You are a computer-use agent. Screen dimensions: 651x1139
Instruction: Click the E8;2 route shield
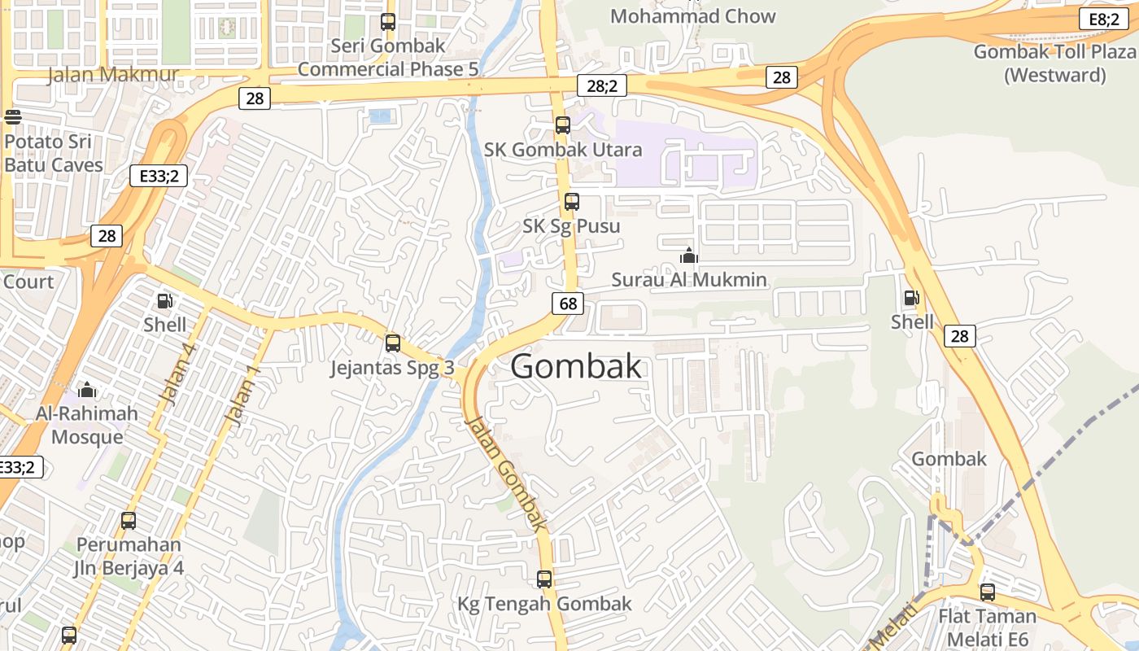pos(1103,20)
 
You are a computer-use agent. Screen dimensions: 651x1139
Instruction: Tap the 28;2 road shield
pos(601,85)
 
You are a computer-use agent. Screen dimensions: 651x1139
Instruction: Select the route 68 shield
pos(568,304)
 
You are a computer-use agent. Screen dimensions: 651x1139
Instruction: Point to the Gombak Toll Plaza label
pos(1054,63)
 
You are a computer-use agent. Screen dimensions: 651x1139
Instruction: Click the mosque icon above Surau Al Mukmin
pos(689,256)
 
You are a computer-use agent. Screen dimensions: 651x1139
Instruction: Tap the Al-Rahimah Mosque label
pos(87,425)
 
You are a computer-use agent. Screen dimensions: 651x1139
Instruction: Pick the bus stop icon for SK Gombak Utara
pos(562,125)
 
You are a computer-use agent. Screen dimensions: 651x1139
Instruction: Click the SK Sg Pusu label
pos(571,225)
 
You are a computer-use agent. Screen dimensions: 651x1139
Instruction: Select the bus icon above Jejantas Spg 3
pos(393,343)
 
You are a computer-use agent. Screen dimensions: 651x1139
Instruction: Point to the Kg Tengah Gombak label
pos(544,604)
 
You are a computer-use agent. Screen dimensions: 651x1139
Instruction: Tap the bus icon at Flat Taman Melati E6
pos(988,592)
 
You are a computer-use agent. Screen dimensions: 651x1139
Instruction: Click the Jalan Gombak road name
pos(505,472)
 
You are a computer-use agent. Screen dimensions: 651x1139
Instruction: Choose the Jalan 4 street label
pos(178,375)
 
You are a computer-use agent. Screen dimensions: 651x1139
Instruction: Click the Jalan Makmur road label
pos(113,75)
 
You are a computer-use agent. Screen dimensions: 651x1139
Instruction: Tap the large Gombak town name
pos(576,367)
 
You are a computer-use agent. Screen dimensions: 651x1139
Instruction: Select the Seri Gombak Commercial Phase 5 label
pos(388,57)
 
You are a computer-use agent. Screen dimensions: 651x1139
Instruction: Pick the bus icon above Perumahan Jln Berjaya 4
pos(129,520)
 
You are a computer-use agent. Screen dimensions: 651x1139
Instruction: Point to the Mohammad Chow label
pos(692,16)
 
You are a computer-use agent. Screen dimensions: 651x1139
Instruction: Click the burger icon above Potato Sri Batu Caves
pos(12,116)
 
